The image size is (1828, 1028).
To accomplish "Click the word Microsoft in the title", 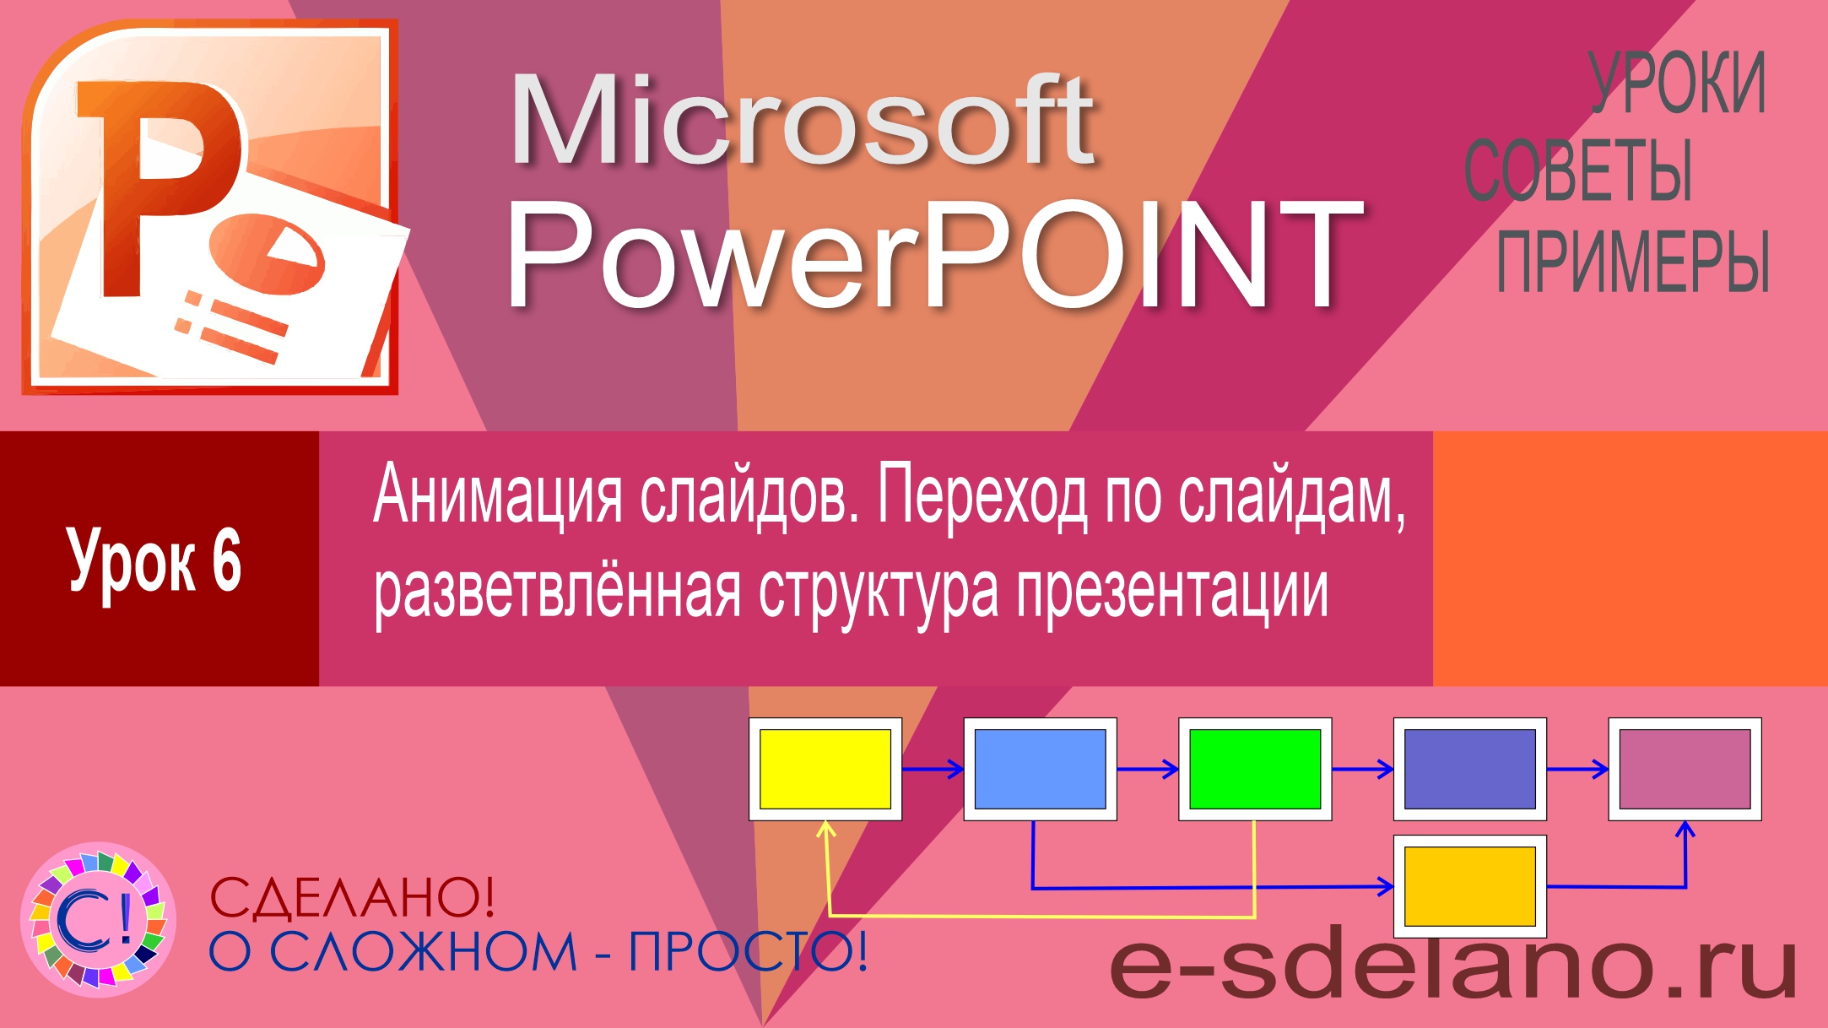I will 802,122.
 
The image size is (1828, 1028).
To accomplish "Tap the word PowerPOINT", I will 933,253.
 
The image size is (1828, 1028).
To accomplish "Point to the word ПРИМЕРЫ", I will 1632,262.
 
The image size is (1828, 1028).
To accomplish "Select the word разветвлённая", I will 557,591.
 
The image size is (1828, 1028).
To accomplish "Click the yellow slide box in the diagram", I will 825,769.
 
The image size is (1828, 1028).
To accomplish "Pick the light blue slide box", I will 1040,769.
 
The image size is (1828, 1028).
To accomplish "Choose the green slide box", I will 1255,769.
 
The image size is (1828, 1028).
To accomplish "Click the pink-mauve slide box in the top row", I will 1685,769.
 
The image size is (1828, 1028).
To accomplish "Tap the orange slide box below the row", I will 1469,886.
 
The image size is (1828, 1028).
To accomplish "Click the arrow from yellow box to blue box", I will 933,769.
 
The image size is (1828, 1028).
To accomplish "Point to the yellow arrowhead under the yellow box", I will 826,829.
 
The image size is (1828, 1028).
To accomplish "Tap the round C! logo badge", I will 99,920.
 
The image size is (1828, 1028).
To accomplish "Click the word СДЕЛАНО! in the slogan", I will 352,897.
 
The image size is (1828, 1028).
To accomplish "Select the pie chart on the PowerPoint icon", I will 268,252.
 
